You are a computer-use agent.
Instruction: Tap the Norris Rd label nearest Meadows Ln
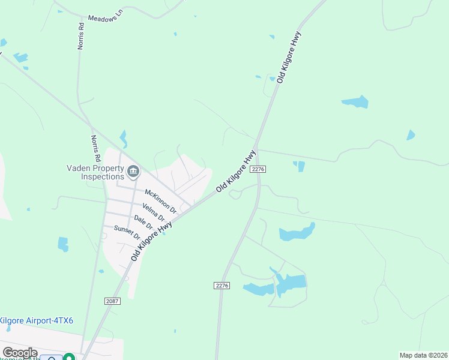click(80, 35)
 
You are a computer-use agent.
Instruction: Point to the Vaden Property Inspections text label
click(95, 173)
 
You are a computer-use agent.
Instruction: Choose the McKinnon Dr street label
click(160, 201)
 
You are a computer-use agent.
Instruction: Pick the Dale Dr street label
click(143, 222)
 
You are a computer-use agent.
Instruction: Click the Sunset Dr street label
click(127, 232)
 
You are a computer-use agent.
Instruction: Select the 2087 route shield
click(112, 301)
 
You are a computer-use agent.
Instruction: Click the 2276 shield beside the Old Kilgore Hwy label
click(259, 170)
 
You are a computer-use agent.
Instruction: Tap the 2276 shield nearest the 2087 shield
click(221, 286)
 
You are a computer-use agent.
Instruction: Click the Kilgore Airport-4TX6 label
click(37, 321)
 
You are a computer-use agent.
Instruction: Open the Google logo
click(20, 353)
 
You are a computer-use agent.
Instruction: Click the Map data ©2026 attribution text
click(423, 355)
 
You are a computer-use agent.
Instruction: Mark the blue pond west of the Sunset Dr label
click(63, 244)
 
